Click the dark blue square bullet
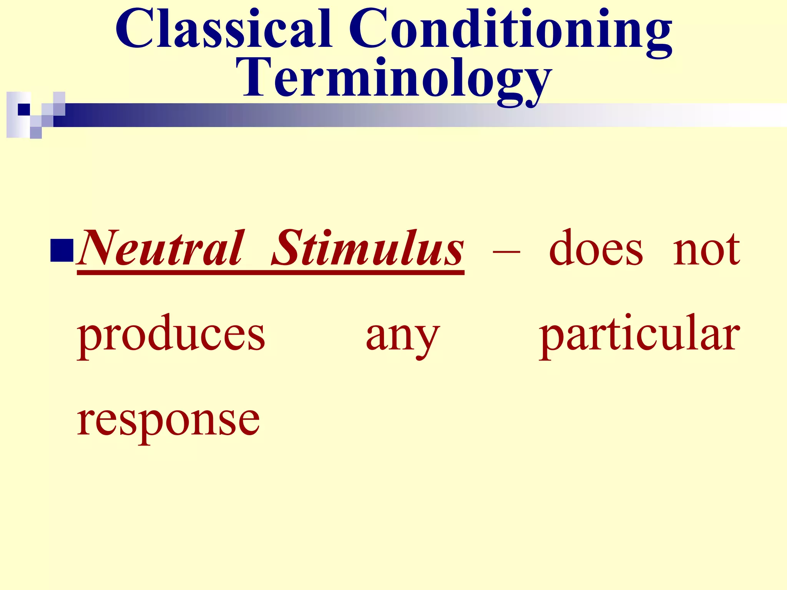[61, 250]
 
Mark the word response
[168, 421]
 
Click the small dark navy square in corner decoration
[24, 109]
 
